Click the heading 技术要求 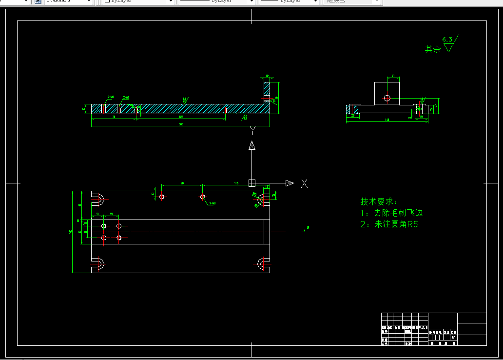click(x=379, y=201)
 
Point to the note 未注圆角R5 click(x=396, y=224)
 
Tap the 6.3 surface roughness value click(x=447, y=39)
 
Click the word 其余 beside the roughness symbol click(x=433, y=49)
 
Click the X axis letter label click(x=305, y=183)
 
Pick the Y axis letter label click(x=252, y=130)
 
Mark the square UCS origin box click(x=252, y=183)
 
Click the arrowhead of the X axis click(x=290, y=183)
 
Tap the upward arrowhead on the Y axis click(x=252, y=145)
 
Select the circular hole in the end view click(x=387, y=98)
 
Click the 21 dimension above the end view click(x=393, y=77)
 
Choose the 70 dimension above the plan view click(x=182, y=183)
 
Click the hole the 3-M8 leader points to click(x=203, y=197)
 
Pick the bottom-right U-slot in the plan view click(x=263, y=264)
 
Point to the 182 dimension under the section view click(x=181, y=117)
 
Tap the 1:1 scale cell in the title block click(x=454, y=337)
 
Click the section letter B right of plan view click(x=308, y=227)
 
